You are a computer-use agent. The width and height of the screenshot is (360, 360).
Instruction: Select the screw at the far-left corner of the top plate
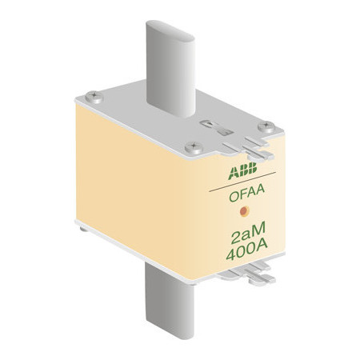pyautogui.click(x=94, y=97)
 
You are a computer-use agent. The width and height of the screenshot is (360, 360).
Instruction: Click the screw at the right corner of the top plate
pyautogui.click(x=266, y=126)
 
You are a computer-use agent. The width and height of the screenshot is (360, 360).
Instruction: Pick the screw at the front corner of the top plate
pyautogui.click(x=194, y=147)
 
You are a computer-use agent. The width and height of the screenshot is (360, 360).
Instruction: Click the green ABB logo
pyautogui.click(x=242, y=170)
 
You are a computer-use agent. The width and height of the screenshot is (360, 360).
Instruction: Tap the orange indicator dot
pyautogui.click(x=244, y=211)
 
